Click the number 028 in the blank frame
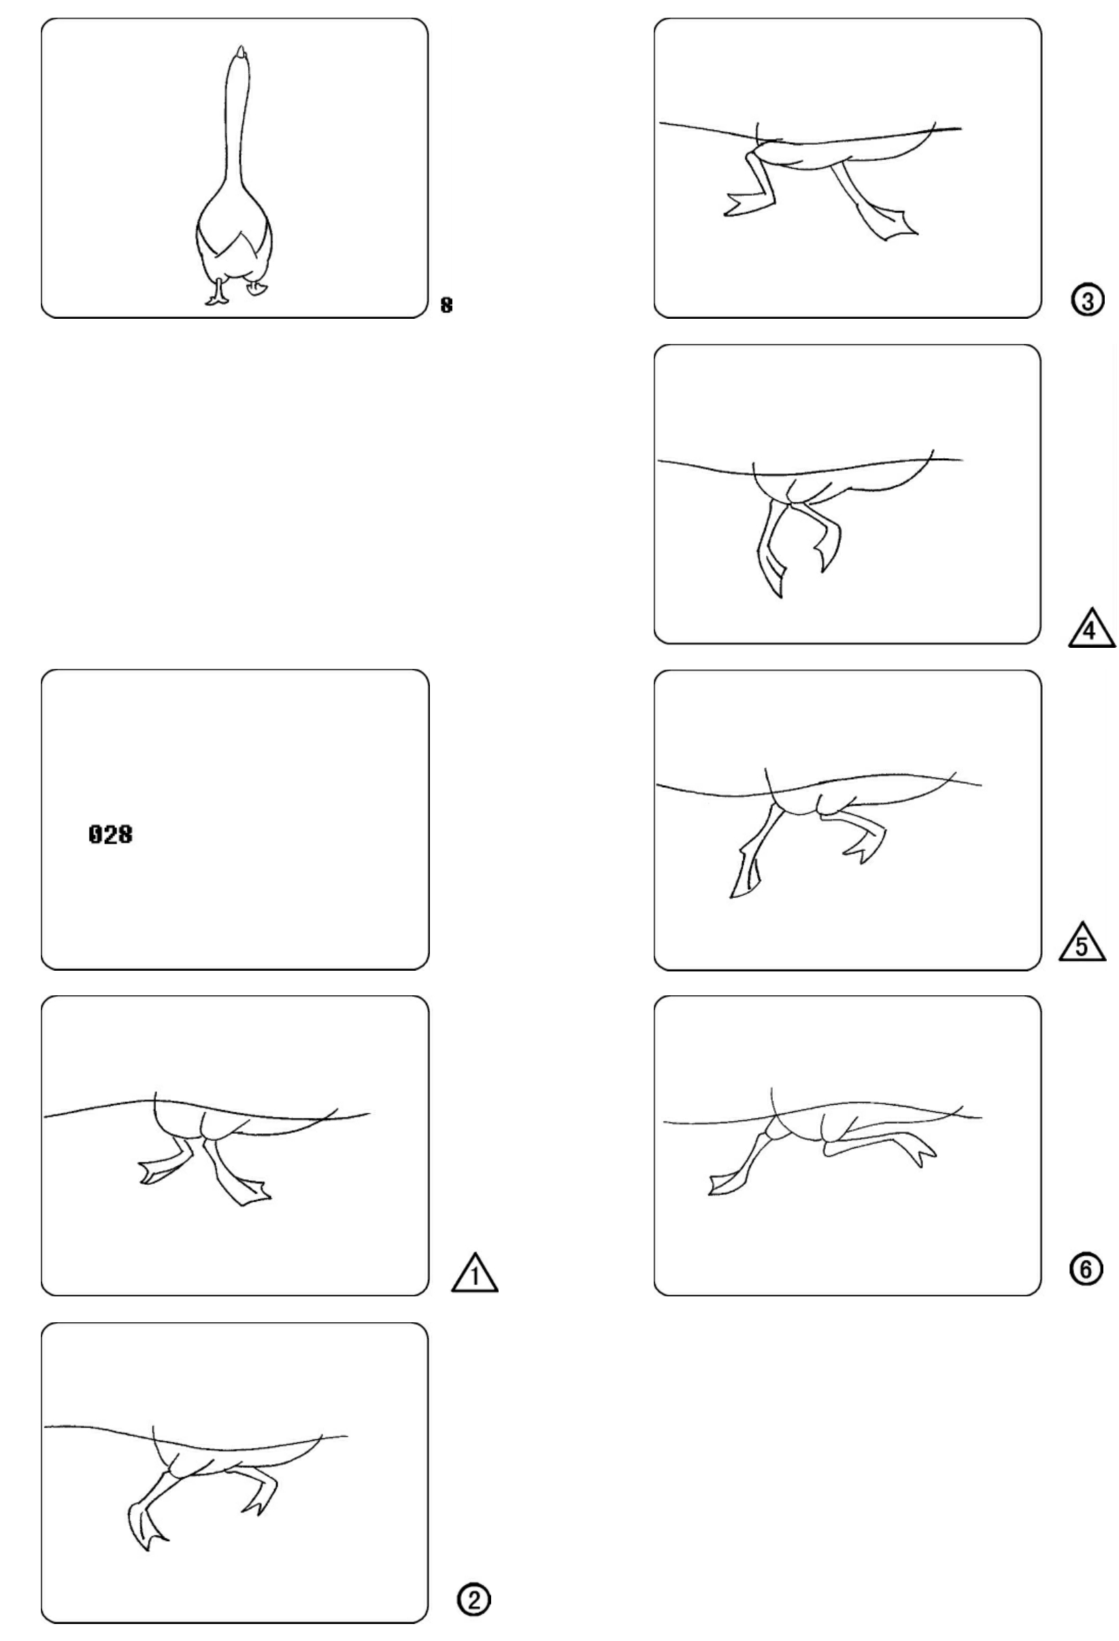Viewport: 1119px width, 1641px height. point(110,835)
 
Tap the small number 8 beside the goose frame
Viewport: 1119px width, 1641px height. point(446,305)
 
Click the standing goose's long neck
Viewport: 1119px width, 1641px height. point(236,127)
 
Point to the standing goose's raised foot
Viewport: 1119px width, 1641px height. point(256,288)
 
